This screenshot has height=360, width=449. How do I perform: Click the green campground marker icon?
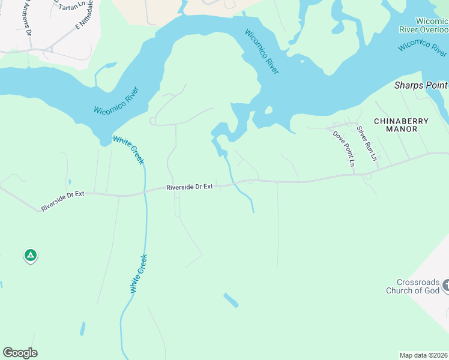pyautogui.click(x=31, y=256)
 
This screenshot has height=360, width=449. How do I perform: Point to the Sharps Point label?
pyautogui.click(x=421, y=86)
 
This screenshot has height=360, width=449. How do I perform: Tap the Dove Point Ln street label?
pyautogui.click(x=345, y=148)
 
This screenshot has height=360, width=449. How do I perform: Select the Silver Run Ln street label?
pyautogui.click(x=366, y=143)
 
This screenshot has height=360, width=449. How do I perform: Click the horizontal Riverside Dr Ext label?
pyautogui.click(x=190, y=187)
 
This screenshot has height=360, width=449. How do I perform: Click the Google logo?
pyautogui.click(x=20, y=353)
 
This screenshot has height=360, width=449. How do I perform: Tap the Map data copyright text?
pyautogui.click(x=423, y=355)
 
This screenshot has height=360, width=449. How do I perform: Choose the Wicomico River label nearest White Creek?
pyautogui.click(x=120, y=101)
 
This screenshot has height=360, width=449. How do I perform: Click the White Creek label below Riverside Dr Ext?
pyautogui.click(x=139, y=274)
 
